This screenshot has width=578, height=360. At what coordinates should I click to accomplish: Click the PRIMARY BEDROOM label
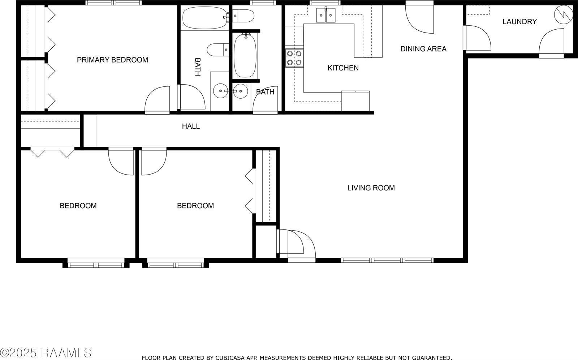112,60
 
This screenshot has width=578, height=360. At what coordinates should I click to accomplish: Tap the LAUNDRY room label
519,22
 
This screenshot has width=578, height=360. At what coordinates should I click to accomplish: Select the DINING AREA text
423,49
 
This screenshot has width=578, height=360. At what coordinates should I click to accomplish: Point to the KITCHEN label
343,68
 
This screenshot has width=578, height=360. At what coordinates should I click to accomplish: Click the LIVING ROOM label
371,188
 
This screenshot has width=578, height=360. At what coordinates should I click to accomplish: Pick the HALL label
191,127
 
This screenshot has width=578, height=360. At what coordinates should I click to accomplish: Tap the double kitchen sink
326,15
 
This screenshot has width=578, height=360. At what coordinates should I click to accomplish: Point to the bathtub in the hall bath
245,55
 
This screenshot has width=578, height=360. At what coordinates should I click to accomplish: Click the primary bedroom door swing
158,100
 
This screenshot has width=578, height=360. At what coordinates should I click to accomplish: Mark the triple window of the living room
387,260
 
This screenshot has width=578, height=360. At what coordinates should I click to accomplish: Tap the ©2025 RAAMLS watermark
46,353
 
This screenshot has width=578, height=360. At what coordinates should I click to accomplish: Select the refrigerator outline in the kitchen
355,101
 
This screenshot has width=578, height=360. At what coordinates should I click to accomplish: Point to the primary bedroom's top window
113,3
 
